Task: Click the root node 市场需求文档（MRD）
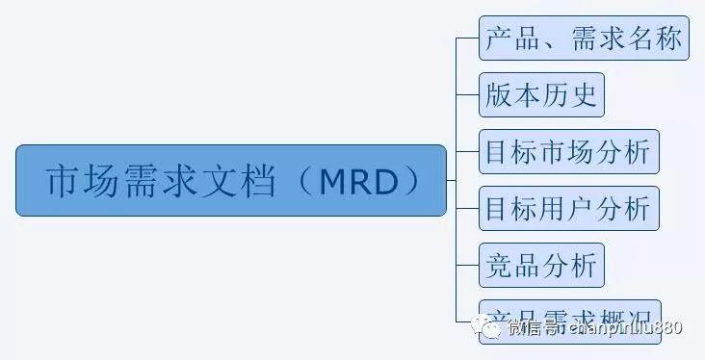(x=231, y=180)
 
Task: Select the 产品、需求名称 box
(x=584, y=38)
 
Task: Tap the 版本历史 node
(x=541, y=94)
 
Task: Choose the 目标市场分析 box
(x=568, y=151)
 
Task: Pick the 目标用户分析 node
(x=568, y=208)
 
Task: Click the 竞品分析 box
(x=541, y=265)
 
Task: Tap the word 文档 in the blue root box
(x=245, y=181)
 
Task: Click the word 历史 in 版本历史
(x=569, y=94)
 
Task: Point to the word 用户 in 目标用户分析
(x=569, y=208)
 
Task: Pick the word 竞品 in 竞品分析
(x=514, y=265)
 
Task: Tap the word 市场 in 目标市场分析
(x=569, y=151)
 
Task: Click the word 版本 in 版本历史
(x=514, y=94)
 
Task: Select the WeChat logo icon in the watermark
(x=493, y=328)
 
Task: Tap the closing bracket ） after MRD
(x=412, y=181)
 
